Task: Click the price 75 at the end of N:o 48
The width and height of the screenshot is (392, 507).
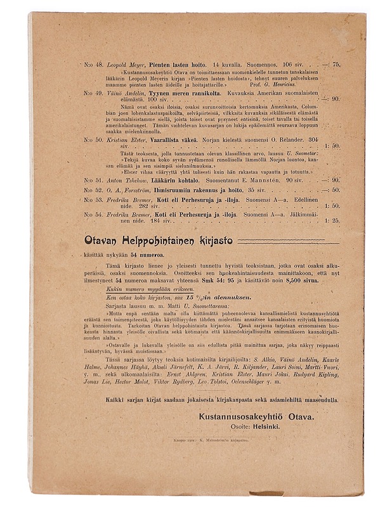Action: click(336, 65)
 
